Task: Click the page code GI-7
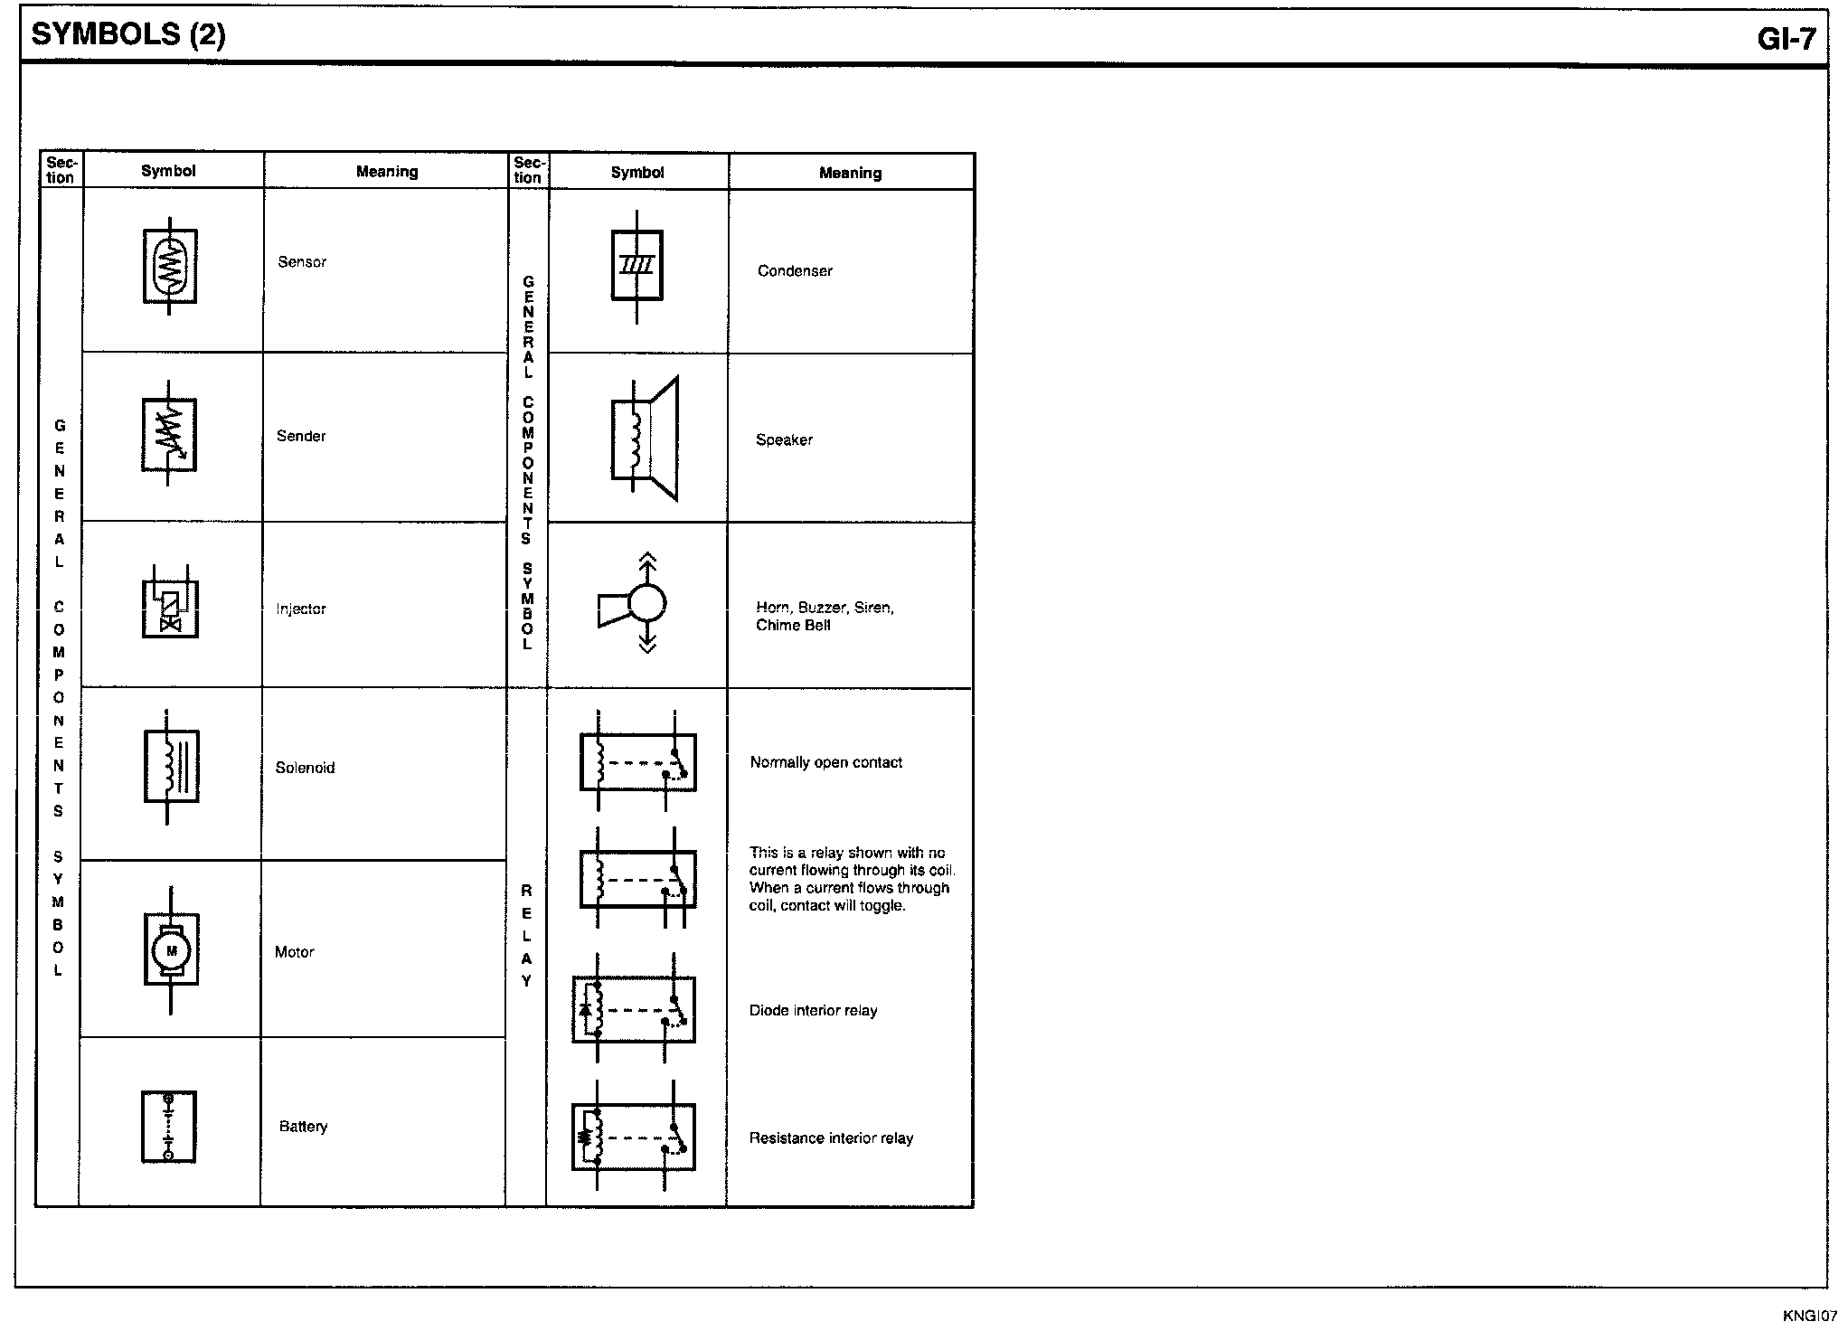(1787, 38)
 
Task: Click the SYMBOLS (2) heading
(128, 34)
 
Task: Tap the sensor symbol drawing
(170, 266)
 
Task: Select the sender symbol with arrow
(169, 435)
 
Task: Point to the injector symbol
(170, 602)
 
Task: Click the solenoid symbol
(171, 767)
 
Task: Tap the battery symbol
(169, 1127)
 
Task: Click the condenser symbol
(637, 266)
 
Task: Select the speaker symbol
(645, 439)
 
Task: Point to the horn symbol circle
(647, 602)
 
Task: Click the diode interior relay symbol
(634, 1008)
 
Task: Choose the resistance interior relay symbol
(634, 1136)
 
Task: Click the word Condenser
(795, 271)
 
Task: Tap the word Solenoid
(305, 768)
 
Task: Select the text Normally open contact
(826, 763)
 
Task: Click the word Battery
(303, 1127)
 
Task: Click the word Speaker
(784, 440)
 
